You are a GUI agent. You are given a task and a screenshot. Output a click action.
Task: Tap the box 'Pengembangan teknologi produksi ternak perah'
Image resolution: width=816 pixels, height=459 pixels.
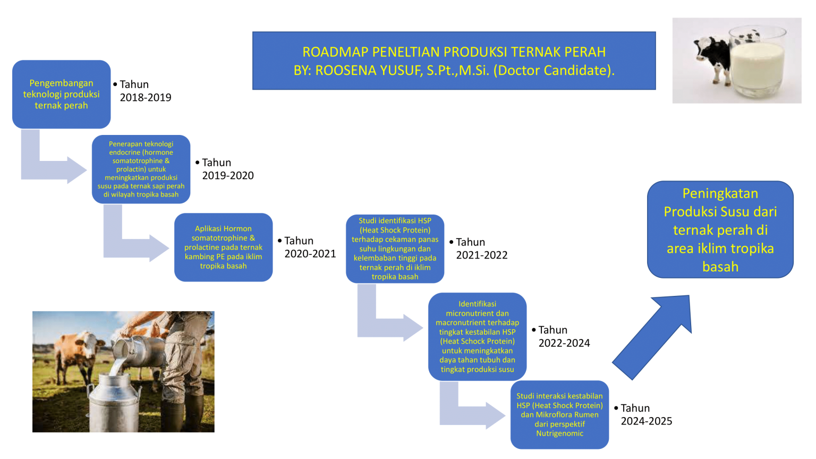(x=61, y=94)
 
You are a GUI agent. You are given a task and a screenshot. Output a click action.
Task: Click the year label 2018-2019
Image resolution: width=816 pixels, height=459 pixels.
(x=146, y=98)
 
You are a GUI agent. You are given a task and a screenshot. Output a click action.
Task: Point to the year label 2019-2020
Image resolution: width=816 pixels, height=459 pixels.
(x=228, y=176)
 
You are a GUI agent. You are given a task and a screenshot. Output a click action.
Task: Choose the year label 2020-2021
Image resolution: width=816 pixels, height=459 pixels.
(x=310, y=254)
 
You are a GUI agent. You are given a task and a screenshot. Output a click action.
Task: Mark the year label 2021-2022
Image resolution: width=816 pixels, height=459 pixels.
(x=482, y=255)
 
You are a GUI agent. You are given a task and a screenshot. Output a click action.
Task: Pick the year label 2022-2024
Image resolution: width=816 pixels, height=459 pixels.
(x=564, y=343)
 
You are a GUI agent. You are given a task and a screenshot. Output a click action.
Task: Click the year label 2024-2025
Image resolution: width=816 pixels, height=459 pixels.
(x=647, y=421)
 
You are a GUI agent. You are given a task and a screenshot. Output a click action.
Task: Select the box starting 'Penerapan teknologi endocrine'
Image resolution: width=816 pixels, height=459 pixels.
(x=141, y=169)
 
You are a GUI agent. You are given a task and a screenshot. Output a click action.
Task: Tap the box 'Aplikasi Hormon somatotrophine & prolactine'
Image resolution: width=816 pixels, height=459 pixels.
(x=223, y=247)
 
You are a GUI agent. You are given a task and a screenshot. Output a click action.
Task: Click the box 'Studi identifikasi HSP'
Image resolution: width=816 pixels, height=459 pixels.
(x=395, y=249)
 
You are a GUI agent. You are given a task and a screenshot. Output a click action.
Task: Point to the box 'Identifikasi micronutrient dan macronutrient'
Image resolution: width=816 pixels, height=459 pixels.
(x=477, y=336)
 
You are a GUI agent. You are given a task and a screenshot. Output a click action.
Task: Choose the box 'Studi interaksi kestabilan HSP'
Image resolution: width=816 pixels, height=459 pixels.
(x=559, y=414)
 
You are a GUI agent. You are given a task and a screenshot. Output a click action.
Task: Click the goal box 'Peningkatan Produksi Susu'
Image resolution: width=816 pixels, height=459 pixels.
(x=720, y=229)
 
